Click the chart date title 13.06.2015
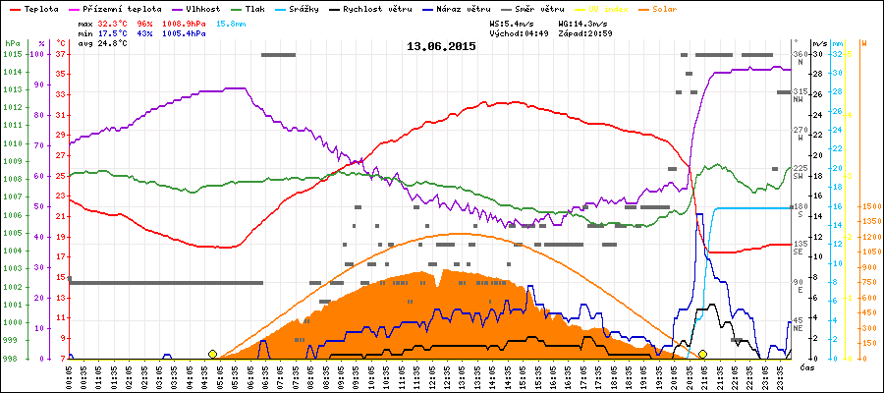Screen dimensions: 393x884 [x=441, y=45]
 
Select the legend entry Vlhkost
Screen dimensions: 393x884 [x=201, y=8]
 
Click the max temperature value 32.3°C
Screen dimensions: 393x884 [x=113, y=23]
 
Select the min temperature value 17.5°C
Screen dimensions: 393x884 [x=113, y=32]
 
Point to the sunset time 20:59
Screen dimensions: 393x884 [x=598, y=32]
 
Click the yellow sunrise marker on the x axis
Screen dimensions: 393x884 [x=213, y=354]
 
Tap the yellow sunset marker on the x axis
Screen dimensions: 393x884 [x=703, y=354]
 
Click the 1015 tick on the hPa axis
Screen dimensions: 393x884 [x=11, y=54]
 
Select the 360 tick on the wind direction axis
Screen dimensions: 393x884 [x=800, y=54]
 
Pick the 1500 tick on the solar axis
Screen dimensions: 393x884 [x=868, y=206]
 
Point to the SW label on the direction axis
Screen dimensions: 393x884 [x=800, y=176]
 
